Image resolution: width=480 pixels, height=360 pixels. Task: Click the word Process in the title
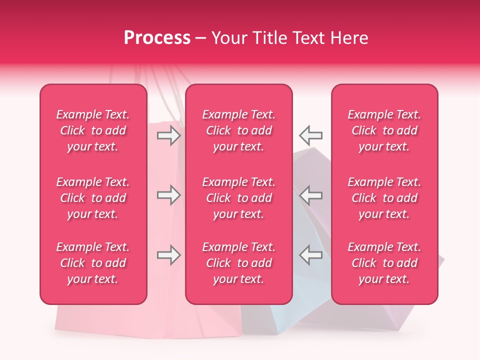tap(157, 38)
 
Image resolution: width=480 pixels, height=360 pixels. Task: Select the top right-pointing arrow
tap(168, 135)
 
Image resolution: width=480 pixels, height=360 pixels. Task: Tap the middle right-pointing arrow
tap(168, 195)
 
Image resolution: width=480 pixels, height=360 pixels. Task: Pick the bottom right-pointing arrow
tap(168, 255)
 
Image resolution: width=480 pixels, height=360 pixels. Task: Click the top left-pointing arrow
tap(310, 135)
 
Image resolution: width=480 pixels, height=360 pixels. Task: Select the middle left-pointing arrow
tap(310, 195)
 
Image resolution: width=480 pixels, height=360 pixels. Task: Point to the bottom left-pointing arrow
tap(310, 255)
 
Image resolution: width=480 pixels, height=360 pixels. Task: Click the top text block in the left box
tap(93, 130)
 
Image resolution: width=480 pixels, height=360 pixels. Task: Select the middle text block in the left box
tap(93, 198)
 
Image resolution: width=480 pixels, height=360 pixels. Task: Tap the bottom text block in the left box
tap(93, 263)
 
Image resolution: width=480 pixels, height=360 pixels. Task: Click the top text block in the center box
tap(238, 130)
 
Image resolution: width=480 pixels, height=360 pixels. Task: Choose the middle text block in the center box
tap(238, 198)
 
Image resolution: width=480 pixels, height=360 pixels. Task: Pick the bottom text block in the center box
tap(238, 263)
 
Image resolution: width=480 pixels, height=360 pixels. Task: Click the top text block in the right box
tap(384, 130)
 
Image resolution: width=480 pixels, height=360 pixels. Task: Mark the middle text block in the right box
tap(384, 198)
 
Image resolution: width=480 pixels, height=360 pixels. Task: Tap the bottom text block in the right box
tap(384, 263)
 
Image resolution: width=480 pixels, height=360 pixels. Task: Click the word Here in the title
tap(350, 38)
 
